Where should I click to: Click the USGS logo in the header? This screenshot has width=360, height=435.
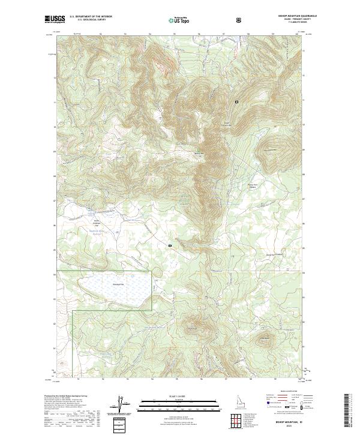(55, 19)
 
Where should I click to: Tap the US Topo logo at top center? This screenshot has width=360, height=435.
(178, 20)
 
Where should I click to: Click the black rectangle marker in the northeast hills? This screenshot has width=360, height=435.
(237, 102)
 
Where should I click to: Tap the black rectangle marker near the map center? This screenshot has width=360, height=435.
(170, 245)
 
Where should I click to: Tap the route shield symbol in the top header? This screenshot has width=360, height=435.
(240, 19)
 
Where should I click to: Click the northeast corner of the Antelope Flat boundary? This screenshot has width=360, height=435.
(152, 271)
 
